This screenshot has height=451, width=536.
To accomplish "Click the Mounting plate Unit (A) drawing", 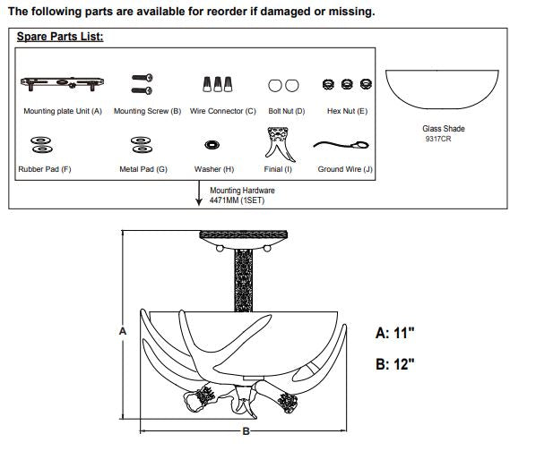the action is point(62,83).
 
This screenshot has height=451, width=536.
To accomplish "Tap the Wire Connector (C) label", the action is point(223,111).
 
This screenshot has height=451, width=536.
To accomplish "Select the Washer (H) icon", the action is point(212,145).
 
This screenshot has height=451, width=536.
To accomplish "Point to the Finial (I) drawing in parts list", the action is point(280,144).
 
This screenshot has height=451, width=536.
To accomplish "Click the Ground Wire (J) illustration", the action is point(341,145).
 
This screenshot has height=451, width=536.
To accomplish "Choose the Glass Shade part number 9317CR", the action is point(438,139).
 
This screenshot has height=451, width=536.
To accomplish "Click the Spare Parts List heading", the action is point(60,37).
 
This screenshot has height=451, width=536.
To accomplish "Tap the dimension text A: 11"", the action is point(394,333).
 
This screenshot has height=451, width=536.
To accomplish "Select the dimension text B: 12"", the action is point(394,364).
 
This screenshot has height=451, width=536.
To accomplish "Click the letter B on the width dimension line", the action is point(246,431).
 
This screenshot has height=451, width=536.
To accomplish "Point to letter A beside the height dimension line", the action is point(123,331).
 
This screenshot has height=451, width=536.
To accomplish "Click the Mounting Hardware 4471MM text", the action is point(242,195).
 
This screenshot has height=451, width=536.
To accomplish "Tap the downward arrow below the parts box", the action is point(199,193).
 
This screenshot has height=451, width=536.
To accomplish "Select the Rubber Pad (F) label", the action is point(45,169).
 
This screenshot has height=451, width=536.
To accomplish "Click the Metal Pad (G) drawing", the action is point(142,145).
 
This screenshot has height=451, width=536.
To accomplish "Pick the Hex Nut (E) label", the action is point(347,111).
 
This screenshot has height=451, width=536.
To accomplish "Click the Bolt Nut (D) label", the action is point(287,111).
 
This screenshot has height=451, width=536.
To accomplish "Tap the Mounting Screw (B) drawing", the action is point(143,84).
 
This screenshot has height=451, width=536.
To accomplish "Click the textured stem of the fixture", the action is point(244,280).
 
